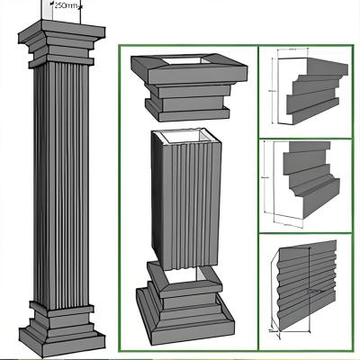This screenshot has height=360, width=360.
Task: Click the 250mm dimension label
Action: tap(65, 5)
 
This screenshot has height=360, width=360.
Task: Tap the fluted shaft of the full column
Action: tap(61, 180)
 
